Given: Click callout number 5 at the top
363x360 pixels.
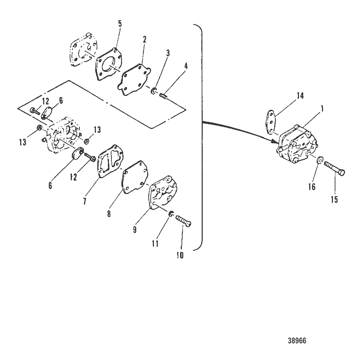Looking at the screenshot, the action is pos(120,24).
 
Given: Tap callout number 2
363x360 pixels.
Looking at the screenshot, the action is pos(144,40).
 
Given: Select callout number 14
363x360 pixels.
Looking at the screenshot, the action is pos(300,96).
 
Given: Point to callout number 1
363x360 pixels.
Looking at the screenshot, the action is pos(322,109).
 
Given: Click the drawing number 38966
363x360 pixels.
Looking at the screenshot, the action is pos(297,341).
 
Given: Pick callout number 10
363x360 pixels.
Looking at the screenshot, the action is pos(180,255).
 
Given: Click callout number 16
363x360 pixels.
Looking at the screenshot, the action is pos(312,187).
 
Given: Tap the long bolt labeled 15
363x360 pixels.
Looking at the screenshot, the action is pos(335,168).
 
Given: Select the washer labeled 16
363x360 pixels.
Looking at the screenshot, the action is pos(320,160).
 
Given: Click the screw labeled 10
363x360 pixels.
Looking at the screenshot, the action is pos(184,221).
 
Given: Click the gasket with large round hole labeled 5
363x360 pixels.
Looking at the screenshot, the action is pos(109,64).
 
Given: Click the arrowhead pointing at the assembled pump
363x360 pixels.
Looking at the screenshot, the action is pos(276,141).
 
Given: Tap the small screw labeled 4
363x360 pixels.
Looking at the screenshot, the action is pos(164,95).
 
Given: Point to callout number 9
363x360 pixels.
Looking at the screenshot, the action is pos(135,229).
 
